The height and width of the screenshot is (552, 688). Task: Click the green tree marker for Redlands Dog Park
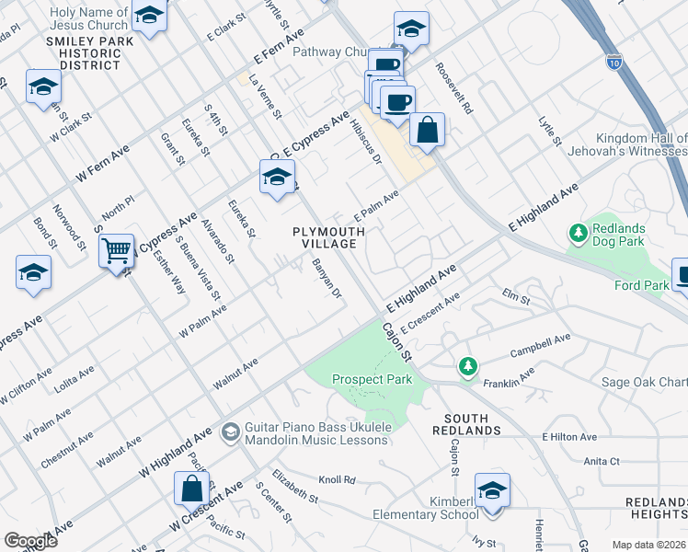click(579, 234)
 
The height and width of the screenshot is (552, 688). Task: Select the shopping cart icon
click(117, 249)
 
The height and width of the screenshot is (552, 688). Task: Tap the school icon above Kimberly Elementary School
click(492, 489)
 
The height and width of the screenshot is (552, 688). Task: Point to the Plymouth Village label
click(324, 237)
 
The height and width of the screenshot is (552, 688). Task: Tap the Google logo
click(30, 541)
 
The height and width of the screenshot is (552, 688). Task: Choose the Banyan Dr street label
click(327, 279)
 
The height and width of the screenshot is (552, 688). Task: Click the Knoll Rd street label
click(337, 479)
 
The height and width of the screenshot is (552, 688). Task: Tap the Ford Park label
click(642, 285)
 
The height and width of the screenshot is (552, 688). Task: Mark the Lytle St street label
click(551, 131)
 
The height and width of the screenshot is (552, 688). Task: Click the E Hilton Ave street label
click(569, 437)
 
